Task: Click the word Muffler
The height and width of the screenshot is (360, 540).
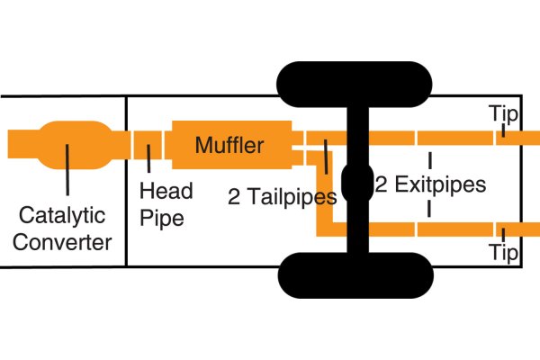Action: coord(229,145)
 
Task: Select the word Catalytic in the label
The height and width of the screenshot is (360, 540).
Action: coord(62,217)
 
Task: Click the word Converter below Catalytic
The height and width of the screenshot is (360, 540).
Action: coord(67,241)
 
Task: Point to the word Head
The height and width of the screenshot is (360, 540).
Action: coord(166,191)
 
